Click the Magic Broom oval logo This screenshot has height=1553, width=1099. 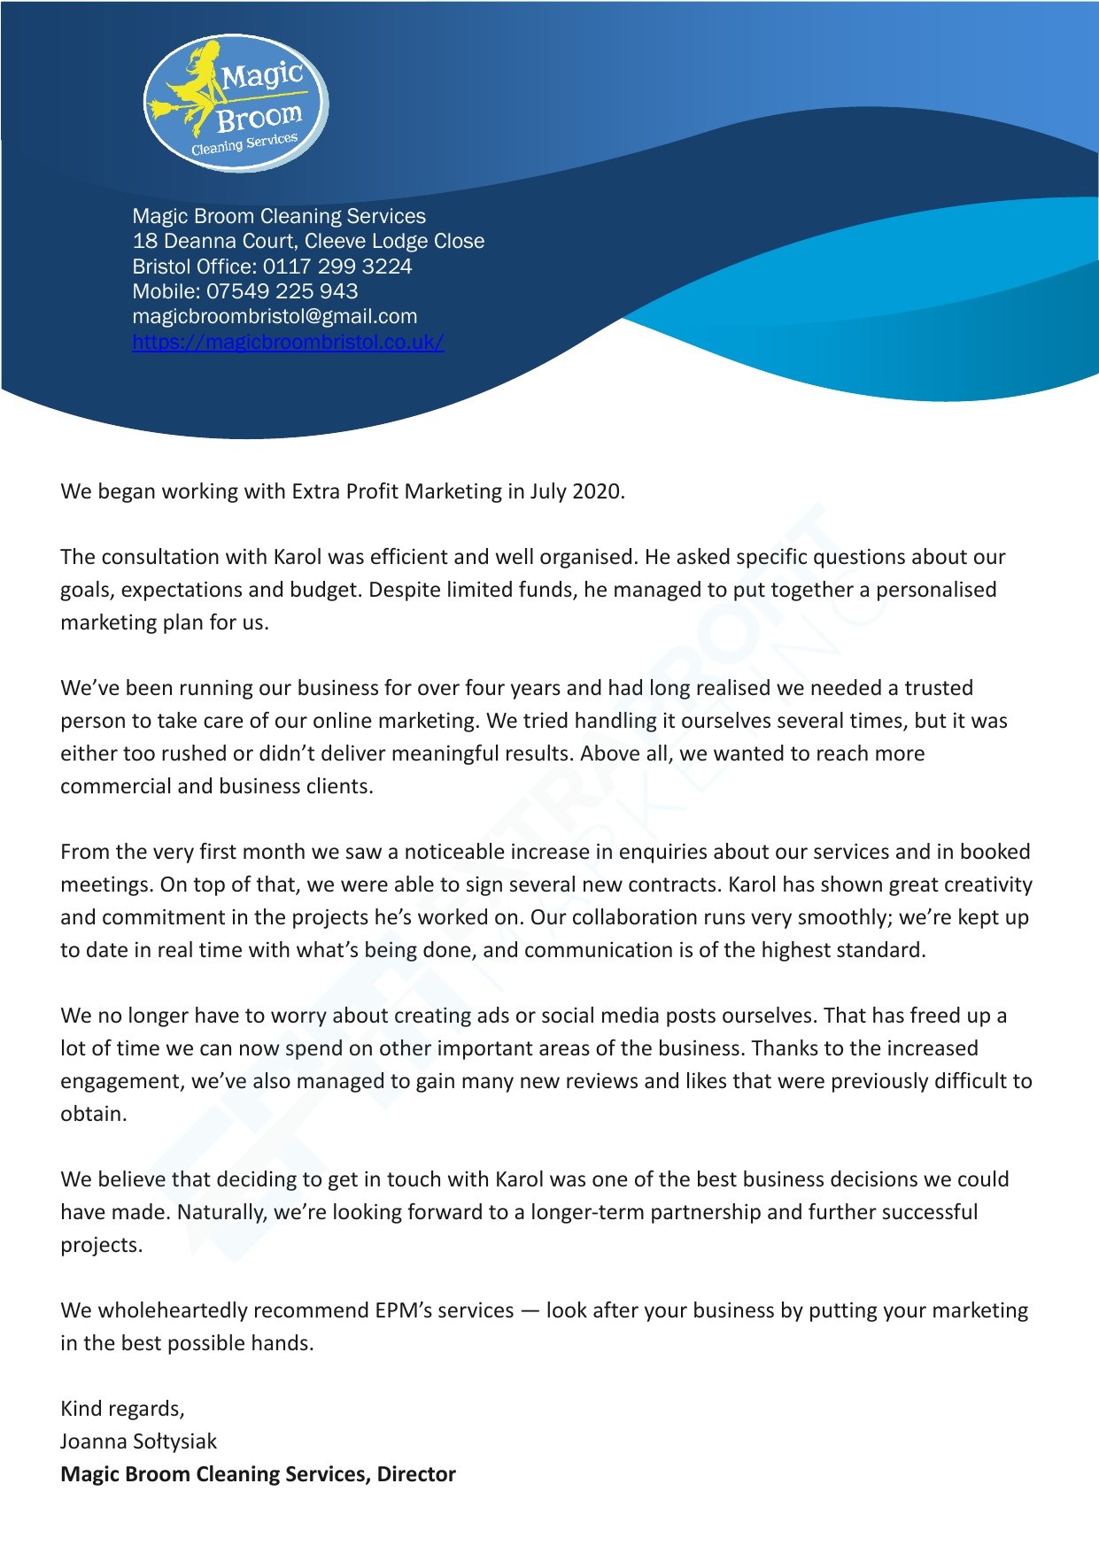click(x=236, y=104)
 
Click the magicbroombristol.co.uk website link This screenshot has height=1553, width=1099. click(x=288, y=342)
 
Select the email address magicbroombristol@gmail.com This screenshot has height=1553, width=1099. click(x=275, y=316)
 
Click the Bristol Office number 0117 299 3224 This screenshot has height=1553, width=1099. click(x=337, y=267)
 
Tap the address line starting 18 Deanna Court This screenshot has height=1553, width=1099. click(x=308, y=241)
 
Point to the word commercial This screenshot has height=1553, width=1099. click(x=115, y=786)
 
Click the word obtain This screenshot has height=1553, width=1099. click(x=93, y=1114)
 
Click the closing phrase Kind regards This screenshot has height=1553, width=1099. click(x=122, y=1409)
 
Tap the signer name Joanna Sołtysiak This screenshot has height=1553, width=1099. click(x=138, y=1441)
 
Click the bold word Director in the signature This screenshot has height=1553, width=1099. click(x=416, y=1474)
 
